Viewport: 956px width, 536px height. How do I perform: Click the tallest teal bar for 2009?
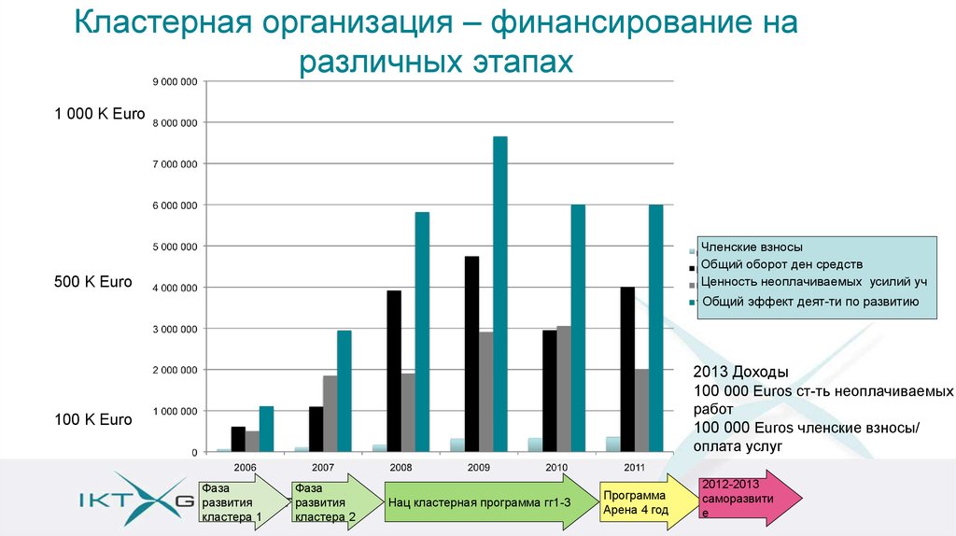pos(499,294)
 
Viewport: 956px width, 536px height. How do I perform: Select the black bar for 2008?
pos(394,371)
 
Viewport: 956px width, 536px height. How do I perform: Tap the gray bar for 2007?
pos(330,414)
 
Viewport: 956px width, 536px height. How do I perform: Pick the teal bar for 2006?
pos(266,429)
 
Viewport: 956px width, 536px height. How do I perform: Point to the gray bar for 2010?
pos(563,388)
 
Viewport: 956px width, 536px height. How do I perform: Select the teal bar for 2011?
pos(655,328)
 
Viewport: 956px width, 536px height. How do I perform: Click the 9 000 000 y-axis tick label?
pos(175,82)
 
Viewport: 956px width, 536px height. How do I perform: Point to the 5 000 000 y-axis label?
pos(175,247)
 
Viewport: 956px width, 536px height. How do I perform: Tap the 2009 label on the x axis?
pos(479,467)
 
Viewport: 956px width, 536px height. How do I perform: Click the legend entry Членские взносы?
pos(752,247)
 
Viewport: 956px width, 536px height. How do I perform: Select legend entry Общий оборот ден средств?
pos(775,265)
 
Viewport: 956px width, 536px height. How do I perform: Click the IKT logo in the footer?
pos(135,500)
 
